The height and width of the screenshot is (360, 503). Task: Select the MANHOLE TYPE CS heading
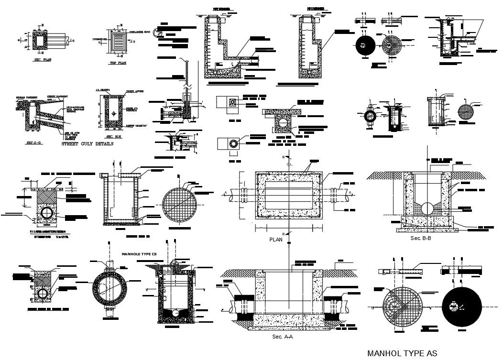point(139,254)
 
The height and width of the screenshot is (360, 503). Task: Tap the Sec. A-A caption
point(282,337)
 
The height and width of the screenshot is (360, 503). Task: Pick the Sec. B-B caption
point(421,238)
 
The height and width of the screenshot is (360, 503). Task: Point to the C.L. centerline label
point(289,164)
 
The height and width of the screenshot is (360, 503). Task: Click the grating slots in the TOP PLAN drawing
point(118,41)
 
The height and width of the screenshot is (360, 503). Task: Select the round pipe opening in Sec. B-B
point(427,207)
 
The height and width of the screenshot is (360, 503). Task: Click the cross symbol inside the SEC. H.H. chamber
point(113,114)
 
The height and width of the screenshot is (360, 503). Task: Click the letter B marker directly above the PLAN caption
point(285,233)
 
